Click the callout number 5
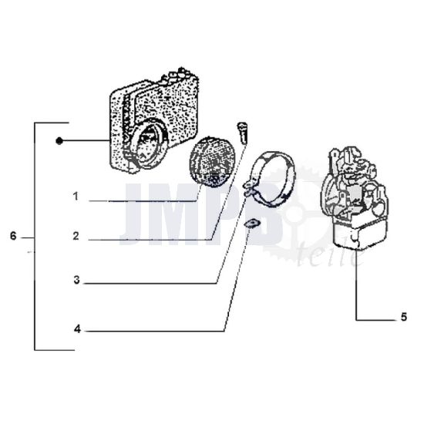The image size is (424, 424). point(403,315)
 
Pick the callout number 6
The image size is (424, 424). point(13,237)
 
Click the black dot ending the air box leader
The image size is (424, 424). point(59,140)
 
